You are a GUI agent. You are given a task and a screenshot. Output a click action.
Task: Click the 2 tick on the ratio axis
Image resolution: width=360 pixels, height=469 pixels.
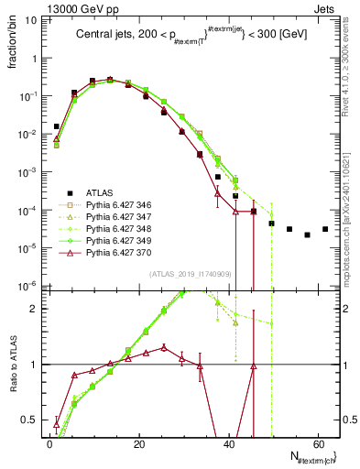click(x=38, y=308)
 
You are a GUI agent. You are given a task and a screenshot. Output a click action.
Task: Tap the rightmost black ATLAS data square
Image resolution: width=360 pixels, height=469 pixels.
click(x=325, y=229)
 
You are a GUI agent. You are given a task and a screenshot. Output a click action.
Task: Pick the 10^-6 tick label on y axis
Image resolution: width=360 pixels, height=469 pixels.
click(x=28, y=285)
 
